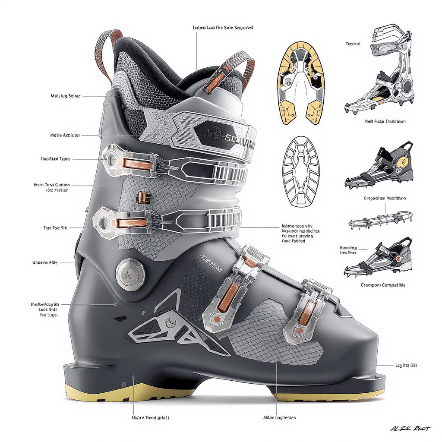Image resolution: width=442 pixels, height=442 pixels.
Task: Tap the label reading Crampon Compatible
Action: coord(383,285)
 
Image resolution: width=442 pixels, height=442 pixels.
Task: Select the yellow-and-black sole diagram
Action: coord(300,83)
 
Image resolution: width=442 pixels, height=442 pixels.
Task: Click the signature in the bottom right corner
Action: coord(410,429)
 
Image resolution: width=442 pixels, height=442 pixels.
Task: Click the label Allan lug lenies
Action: coord(279,418)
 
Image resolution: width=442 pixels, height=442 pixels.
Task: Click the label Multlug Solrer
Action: coord(66,96)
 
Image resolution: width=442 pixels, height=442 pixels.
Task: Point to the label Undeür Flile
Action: coord(45,262)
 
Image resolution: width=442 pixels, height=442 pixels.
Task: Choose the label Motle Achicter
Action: coord(65,136)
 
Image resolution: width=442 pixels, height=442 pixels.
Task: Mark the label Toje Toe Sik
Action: coord(55,227)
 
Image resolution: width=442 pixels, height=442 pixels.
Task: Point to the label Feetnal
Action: coord(353,44)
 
